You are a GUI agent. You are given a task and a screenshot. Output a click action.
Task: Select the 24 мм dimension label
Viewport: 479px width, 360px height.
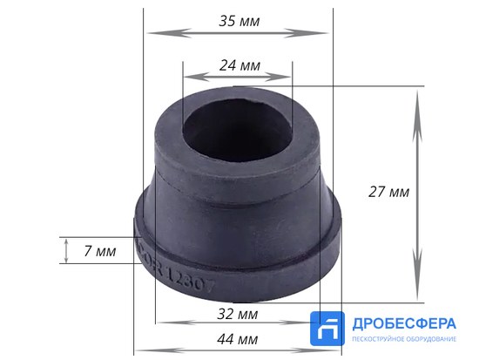click(x=237, y=65)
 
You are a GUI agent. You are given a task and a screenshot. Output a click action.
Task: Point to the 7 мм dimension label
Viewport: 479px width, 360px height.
click(x=100, y=251)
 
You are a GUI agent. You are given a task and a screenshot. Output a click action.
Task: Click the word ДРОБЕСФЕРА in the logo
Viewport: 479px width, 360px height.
click(x=403, y=323)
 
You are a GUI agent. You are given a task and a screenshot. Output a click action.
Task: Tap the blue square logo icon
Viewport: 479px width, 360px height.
click(x=329, y=331)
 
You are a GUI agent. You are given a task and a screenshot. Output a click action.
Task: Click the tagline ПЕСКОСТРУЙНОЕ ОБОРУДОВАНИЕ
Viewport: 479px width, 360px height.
click(x=403, y=339)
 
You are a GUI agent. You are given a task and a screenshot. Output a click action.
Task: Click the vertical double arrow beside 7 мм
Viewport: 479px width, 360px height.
click(x=67, y=251)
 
